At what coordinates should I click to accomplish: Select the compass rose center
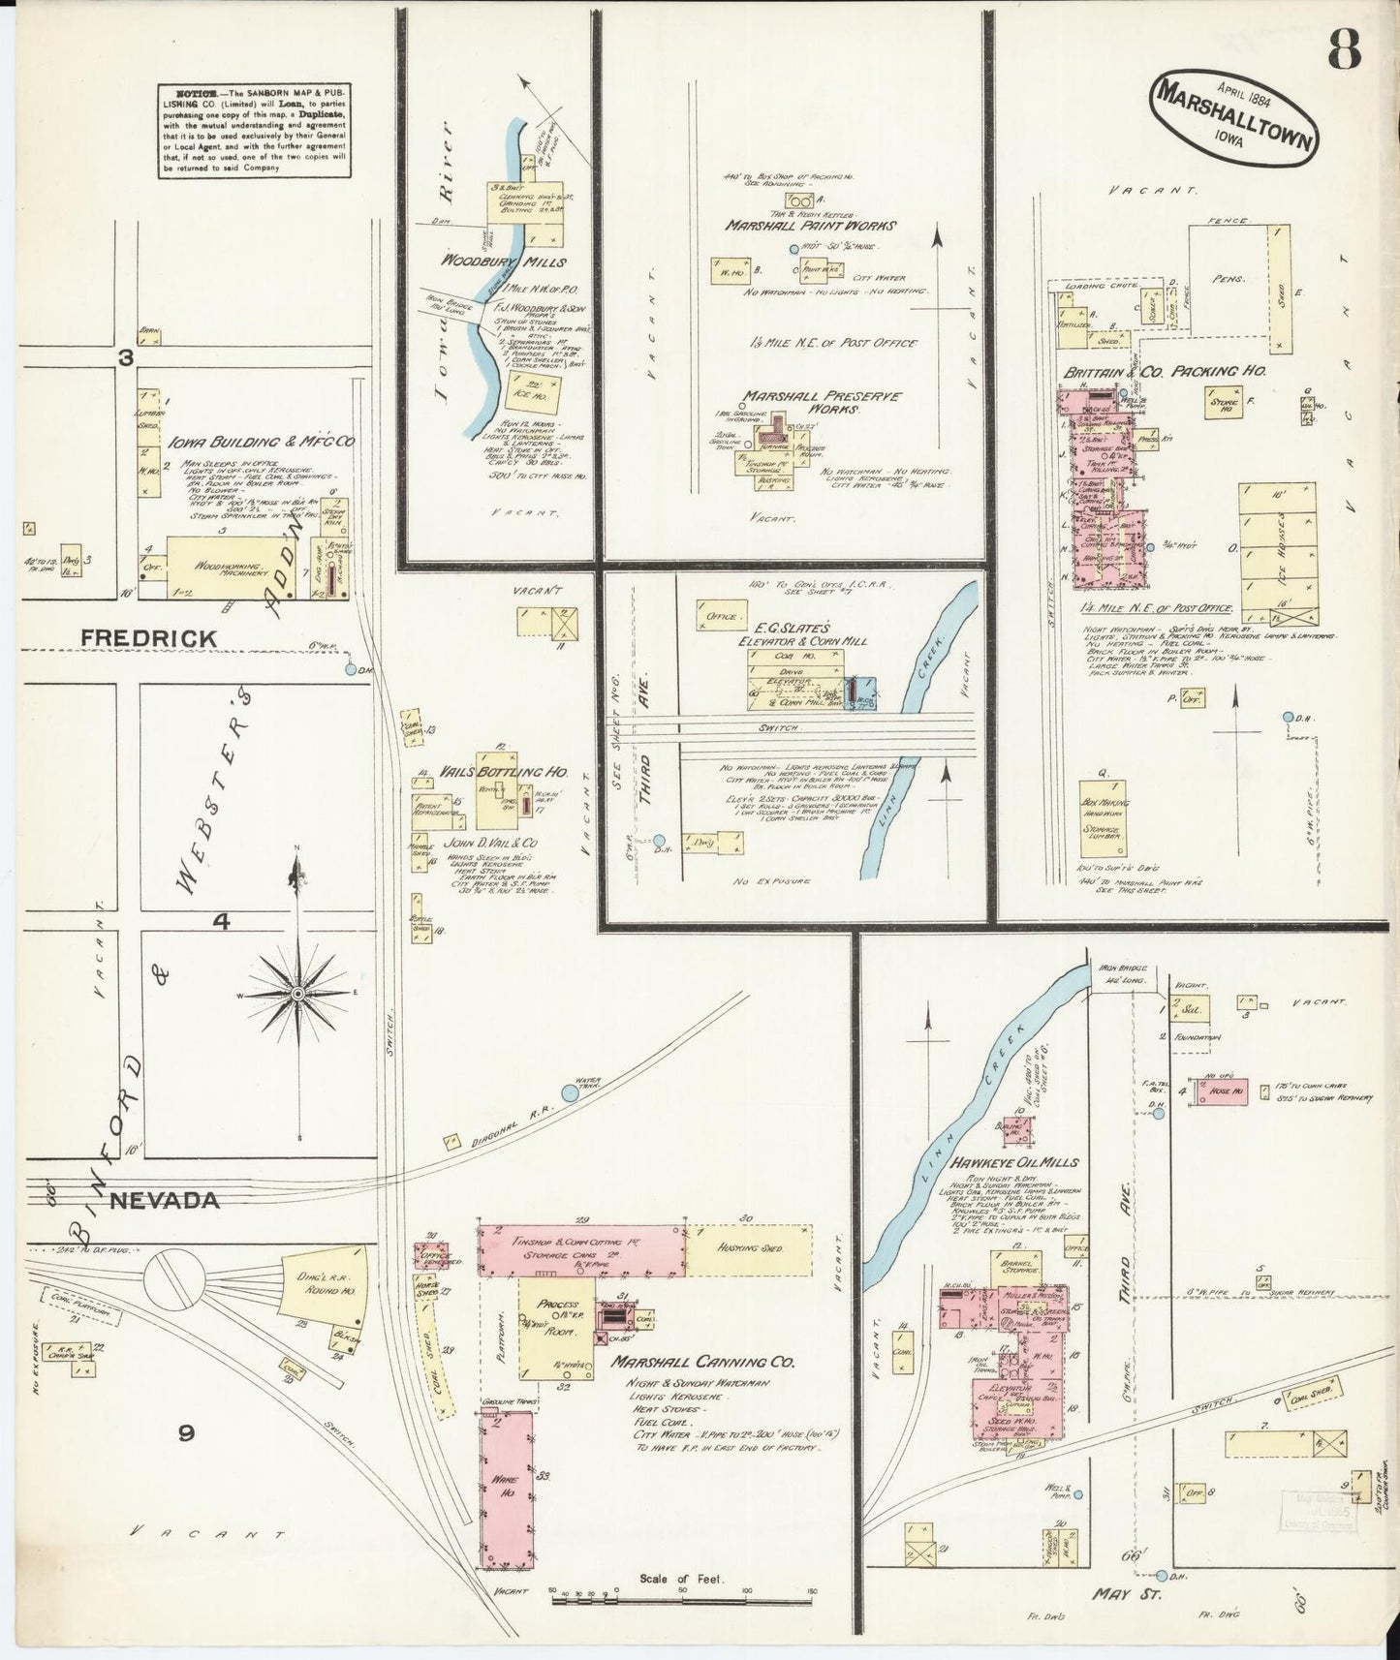pos(297,994)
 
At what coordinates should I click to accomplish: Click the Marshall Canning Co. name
pos(702,1362)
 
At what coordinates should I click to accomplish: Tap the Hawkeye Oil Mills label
pos(1014,1162)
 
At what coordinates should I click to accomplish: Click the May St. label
pos(1127,1594)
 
